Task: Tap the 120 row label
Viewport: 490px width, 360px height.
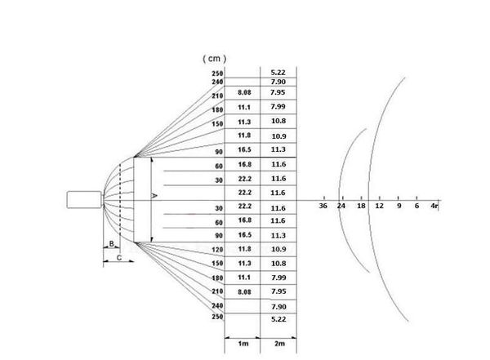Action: [x=217, y=249]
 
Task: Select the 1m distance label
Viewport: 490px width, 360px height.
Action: [x=243, y=344]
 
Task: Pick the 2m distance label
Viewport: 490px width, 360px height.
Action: [x=278, y=344]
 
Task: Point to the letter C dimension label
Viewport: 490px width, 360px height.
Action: [x=119, y=258]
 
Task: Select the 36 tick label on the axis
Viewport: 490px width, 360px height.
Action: [x=324, y=208]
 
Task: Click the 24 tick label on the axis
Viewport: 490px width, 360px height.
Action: [x=341, y=208]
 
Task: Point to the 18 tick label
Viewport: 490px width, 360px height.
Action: [x=360, y=208]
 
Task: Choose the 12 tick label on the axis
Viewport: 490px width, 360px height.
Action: [x=379, y=208]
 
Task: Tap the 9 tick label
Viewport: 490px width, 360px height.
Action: [x=399, y=208]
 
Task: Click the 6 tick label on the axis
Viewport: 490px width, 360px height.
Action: [x=416, y=208]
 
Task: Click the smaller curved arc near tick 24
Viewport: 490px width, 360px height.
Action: [x=341, y=171]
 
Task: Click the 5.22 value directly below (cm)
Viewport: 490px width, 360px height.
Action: [x=278, y=72]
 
